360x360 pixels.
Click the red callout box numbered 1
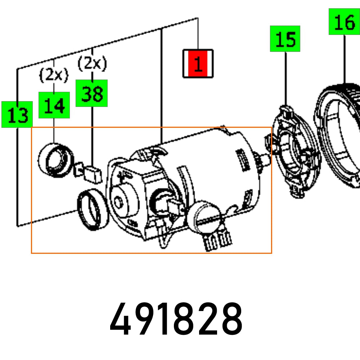click(x=198, y=64)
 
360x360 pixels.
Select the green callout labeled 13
click(x=17, y=114)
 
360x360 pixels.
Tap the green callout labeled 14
click(x=54, y=105)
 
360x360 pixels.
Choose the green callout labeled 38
click(x=91, y=93)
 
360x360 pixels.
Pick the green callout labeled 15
click(x=285, y=39)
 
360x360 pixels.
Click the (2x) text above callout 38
click(x=92, y=64)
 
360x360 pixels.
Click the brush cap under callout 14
click(x=56, y=160)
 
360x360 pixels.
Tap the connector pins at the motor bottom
click(x=217, y=241)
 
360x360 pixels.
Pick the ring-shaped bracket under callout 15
click(x=295, y=151)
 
